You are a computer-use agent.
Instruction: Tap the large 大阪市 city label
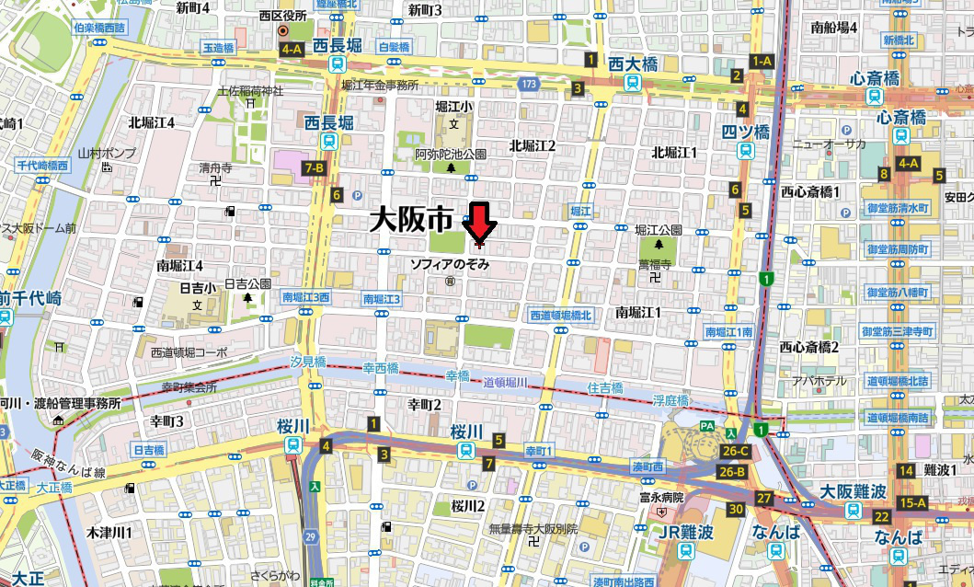411,219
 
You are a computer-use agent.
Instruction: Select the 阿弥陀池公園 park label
450,154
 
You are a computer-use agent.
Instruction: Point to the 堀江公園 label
659,229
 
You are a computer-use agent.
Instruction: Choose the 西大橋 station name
633,63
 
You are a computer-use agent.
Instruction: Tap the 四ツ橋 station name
744,132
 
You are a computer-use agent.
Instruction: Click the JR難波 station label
685,532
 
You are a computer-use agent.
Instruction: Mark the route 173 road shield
527,84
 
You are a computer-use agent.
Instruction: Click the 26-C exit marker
734,451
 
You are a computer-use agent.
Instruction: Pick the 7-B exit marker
314,167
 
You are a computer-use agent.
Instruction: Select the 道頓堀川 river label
504,382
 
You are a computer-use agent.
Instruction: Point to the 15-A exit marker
912,502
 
